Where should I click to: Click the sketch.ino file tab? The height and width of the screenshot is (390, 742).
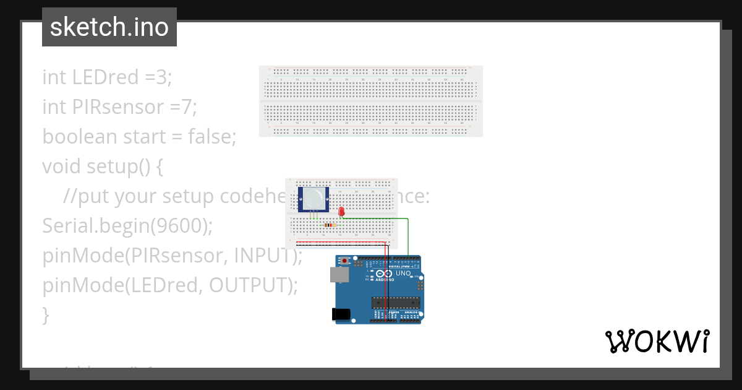coord(109,27)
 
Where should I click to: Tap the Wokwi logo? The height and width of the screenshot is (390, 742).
coord(657,342)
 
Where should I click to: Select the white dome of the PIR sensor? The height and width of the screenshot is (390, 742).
coord(313,199)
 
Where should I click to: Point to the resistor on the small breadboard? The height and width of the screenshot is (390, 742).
coord(330,225)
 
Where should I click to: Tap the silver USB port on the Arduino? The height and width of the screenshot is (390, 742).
coord(339,275)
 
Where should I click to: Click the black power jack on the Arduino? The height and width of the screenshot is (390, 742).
coord(341,314)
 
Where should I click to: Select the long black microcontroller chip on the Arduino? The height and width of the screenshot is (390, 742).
coord(395,303)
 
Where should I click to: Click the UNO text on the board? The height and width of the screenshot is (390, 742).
coord(403,274)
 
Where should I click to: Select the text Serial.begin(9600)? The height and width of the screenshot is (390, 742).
coord(127,226)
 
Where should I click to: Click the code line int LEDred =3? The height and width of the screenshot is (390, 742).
coord(107,77)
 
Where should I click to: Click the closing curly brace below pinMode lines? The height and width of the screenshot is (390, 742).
coord(45,315)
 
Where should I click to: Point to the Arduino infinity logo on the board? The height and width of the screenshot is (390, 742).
coord(384,274)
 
